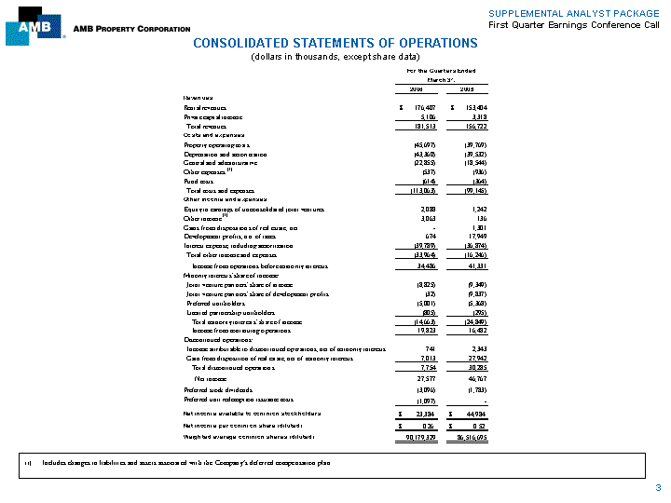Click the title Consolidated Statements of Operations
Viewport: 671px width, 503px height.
pyautogui.click(x=335, y=43)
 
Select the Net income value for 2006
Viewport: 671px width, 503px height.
pyautogui.click(x=418, y=379)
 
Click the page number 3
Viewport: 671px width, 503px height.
pyautogui.click(x=658, y=488)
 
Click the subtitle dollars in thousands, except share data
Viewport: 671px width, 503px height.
pyautogui.click(x=335, y=58)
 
